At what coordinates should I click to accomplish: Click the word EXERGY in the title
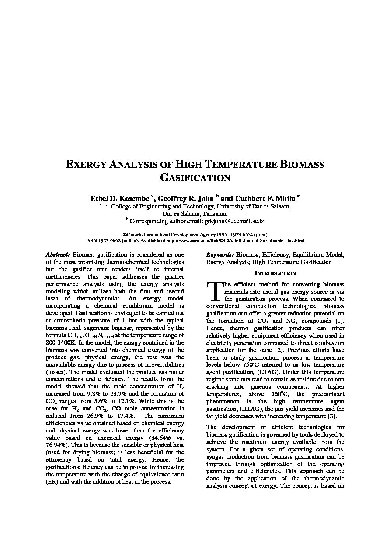[x=87, y=165]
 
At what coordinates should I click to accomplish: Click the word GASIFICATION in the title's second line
[x=195, y=178]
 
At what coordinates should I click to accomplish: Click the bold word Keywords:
[x=220, y=255]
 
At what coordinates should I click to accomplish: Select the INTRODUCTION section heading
[x=275, y=273]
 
